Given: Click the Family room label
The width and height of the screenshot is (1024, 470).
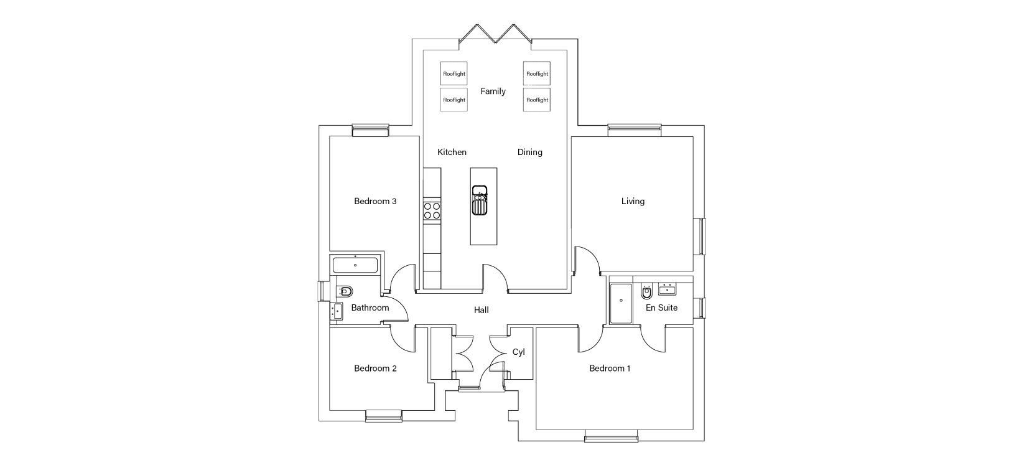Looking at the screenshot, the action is tap(493, 91).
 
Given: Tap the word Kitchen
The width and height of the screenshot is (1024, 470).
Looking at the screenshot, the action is tap(452, 152).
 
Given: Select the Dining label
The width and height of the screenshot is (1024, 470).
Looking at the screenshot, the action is tap(530, 152).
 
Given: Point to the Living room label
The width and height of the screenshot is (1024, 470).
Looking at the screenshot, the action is tap(633, 201).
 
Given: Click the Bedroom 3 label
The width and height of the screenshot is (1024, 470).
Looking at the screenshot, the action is tap(375, 201).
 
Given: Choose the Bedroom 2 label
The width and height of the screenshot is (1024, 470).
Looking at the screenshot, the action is tap(375, 368).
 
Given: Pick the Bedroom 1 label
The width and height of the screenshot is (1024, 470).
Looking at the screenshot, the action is tap(610, 368).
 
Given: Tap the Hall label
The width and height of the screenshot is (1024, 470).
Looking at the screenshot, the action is tap(482, 310).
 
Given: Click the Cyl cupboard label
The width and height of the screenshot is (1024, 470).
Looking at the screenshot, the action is tap(518, 352).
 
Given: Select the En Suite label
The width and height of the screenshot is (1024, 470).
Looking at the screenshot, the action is tap(661, 308).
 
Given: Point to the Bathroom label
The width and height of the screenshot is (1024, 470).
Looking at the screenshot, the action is tap(370, 308).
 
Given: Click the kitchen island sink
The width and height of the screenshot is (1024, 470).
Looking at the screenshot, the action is tap(480, 200).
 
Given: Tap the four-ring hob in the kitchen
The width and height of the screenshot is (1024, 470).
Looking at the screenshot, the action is tap(432, 211).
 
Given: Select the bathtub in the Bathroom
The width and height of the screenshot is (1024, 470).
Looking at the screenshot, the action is tap(355, 265).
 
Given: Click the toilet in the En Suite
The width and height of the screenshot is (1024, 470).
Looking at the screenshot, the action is tap(646, 291).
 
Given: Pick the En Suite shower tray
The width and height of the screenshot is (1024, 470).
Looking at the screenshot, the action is tap(621, 303).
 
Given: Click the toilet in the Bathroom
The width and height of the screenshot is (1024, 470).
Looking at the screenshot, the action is tap(345, 291).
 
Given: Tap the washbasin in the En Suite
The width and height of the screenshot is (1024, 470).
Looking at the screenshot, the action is tap(668, 289).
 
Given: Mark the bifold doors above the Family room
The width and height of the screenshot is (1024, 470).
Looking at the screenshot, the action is tap(495, 34).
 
